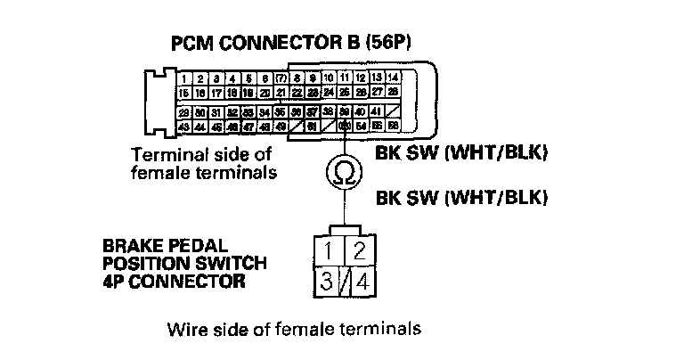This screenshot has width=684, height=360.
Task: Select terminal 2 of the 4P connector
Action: tap(360, 249)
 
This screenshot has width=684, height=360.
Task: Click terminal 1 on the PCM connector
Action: tap(184, 79)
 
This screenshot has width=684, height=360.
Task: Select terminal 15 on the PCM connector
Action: tap(184, 93)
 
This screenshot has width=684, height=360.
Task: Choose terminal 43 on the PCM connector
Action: tap(184, 127)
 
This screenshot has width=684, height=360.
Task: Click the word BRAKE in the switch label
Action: tap(127, 243)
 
